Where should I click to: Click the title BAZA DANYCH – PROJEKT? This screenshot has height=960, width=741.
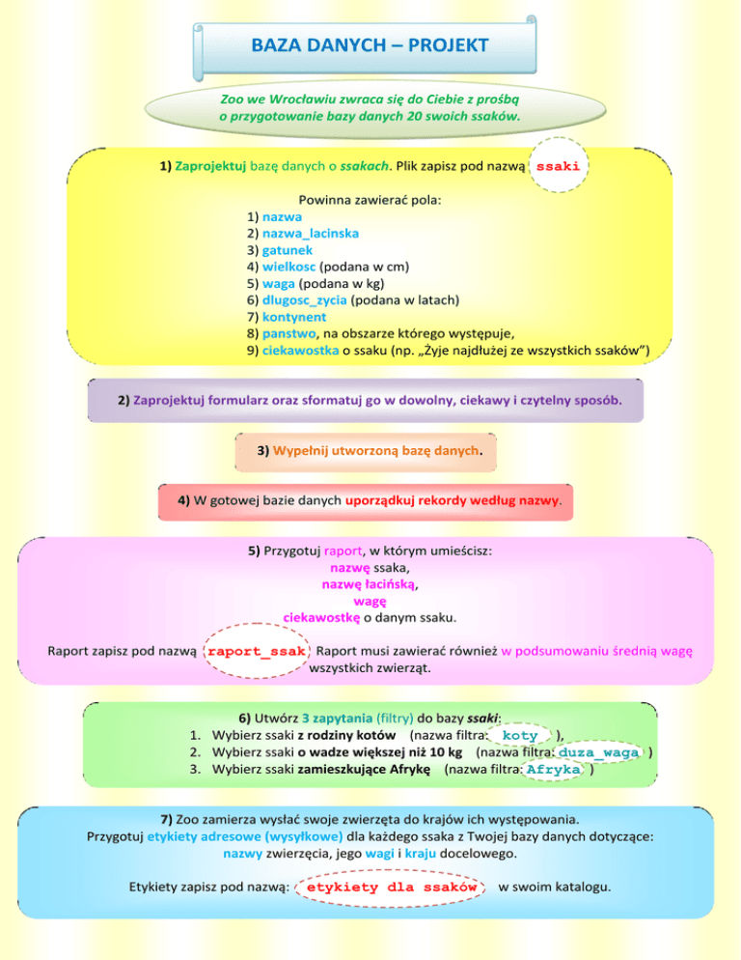pyautogui.click(x=370, y=45)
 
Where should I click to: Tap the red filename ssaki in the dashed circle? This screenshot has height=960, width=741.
pyautogui.click(x=558, y=166)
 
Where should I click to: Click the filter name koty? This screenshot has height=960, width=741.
pyautogui.click(x=520, y=735)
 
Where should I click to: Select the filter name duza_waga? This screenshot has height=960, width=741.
pyautogui.click(x=598, y=752)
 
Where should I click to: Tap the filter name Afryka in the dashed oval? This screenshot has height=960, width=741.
pyautogui.click(x=554, y=770)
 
